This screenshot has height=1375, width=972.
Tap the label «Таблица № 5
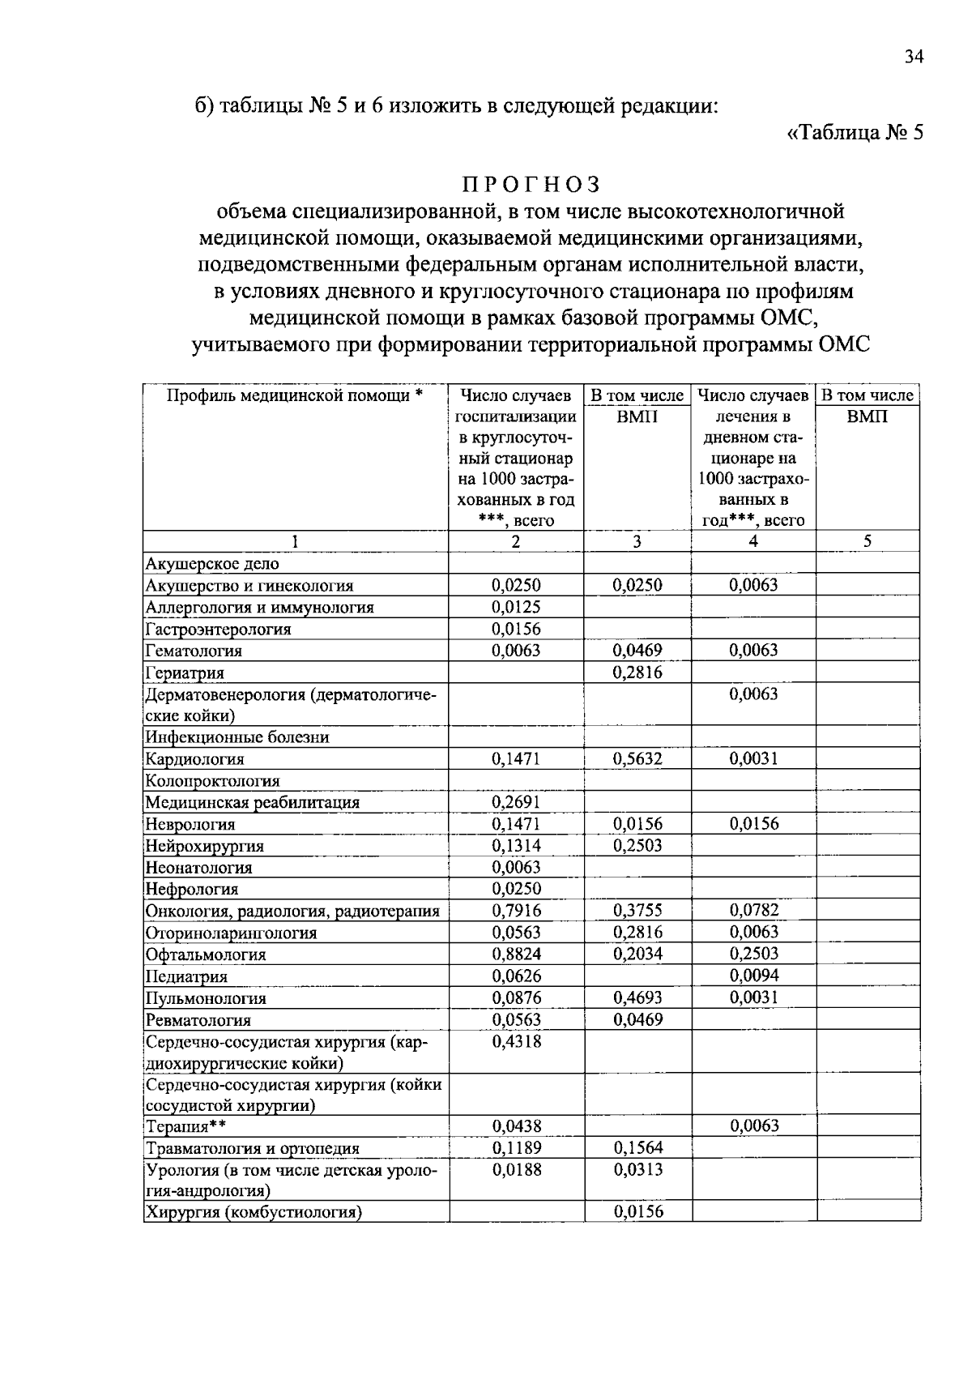click(x=855, y=133)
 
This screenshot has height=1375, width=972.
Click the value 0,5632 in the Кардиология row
click(x=637, y=758)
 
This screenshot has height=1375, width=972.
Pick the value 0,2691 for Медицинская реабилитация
click(x=516, y=802)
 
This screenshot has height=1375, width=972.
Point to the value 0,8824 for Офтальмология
click(x=516, y=954)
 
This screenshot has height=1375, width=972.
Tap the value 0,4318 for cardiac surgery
click(x=516, y=1041)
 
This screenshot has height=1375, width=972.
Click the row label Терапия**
click(x=185, y=1126)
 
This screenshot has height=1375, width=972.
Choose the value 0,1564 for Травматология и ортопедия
click(x=637, y=1147)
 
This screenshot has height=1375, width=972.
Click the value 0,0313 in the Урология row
click(x=637, y=1169)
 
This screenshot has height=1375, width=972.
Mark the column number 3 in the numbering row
click(x=637, y=542)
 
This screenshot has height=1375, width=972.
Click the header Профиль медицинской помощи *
click(x=295, y=395)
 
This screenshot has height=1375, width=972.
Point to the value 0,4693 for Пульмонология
click(x=637, y=997)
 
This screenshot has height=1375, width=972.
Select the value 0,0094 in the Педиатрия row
click(x=753, y=976)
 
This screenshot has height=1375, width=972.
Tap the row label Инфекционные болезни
click(x=237, y=737)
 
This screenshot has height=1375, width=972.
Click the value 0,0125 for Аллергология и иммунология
click(x=516, y=607)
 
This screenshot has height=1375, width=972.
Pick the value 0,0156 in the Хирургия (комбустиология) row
click(x=637, y=1212)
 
